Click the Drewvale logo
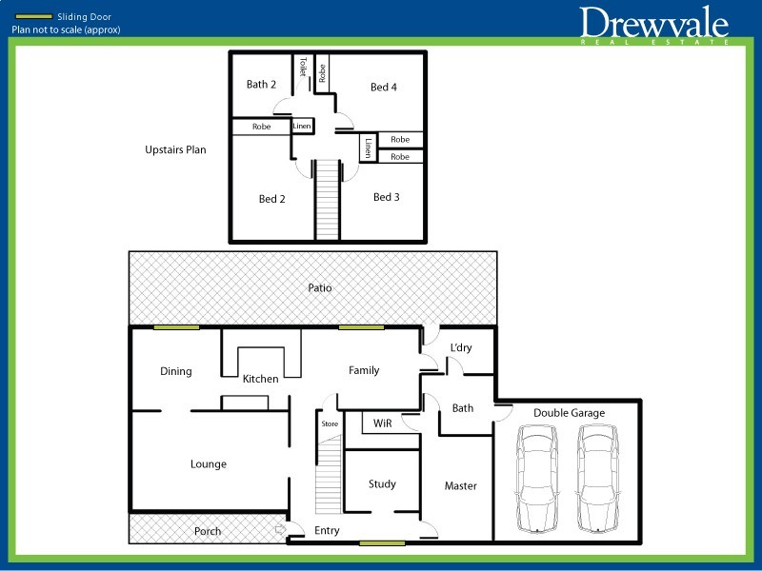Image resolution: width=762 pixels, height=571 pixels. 653,25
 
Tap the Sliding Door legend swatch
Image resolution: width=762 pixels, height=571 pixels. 33,17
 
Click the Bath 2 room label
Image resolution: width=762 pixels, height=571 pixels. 261,85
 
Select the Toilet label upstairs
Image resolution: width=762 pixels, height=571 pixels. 303,67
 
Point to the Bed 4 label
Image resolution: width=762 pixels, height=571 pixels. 384,87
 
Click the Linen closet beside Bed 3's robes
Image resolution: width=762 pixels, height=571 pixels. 369,148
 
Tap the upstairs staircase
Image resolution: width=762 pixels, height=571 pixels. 327,199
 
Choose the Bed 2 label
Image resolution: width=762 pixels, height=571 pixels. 271,199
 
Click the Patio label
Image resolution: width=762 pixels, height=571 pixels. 320,288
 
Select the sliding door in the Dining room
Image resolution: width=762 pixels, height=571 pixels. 176,327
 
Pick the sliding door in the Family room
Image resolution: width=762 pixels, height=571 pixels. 361,327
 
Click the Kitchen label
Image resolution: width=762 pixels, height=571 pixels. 260,379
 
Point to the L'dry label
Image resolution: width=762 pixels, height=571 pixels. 461,347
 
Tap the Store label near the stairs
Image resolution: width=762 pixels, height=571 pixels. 330,423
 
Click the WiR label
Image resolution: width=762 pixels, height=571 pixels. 383,423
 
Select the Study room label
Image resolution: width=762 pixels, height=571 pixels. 382,484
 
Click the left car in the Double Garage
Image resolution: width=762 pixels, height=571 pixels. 537,479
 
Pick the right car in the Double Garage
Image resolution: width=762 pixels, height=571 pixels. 597,479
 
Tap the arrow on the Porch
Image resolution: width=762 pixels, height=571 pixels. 280,529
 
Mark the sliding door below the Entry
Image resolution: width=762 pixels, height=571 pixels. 382,543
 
